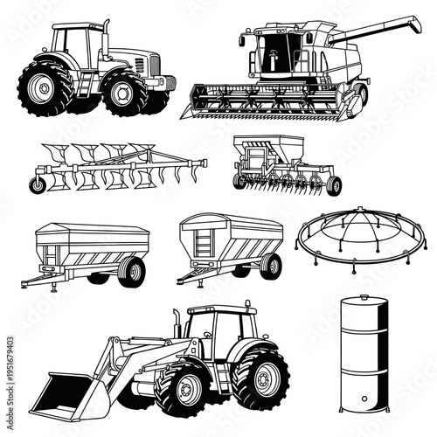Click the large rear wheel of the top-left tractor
45,87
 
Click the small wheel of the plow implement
38,184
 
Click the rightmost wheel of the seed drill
333,184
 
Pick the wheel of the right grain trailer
270,265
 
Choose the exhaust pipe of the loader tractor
177,323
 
